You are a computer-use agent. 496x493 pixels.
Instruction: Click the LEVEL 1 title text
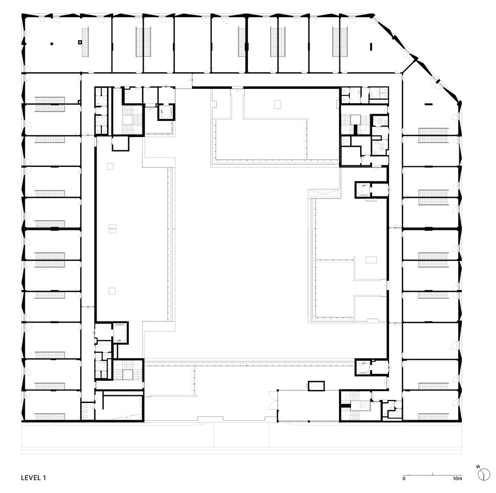pos(34,477)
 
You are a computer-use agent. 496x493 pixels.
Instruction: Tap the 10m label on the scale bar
pos(457,479)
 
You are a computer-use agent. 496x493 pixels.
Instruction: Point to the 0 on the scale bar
pos(404,479)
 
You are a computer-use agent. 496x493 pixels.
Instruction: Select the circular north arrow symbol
pos(484,474)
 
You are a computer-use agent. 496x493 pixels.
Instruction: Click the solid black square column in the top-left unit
pos(52,44)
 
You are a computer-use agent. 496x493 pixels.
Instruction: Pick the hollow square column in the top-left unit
pos(80,42)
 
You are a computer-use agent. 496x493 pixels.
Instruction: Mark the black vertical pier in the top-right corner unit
pos(371,47)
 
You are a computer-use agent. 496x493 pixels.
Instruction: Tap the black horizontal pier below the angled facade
pos(429,104)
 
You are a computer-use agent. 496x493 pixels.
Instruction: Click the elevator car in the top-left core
pos(165,112)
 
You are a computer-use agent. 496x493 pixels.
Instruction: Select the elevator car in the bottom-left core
pos(120,332)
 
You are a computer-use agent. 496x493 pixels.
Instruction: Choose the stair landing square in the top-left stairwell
pos(129,120)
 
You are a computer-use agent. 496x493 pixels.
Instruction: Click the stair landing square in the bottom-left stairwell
pos(128,374)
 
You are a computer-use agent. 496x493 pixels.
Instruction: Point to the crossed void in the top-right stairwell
pos(354,120)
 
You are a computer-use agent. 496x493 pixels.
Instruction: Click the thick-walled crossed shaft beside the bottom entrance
pos(316,386)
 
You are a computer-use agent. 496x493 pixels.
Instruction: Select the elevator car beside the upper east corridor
pos(363,190)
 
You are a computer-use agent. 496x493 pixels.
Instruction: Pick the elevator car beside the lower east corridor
pos(363,367)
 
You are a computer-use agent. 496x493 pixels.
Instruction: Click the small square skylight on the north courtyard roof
pos(277,104)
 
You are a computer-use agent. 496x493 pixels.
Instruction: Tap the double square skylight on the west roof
pos(112,229)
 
